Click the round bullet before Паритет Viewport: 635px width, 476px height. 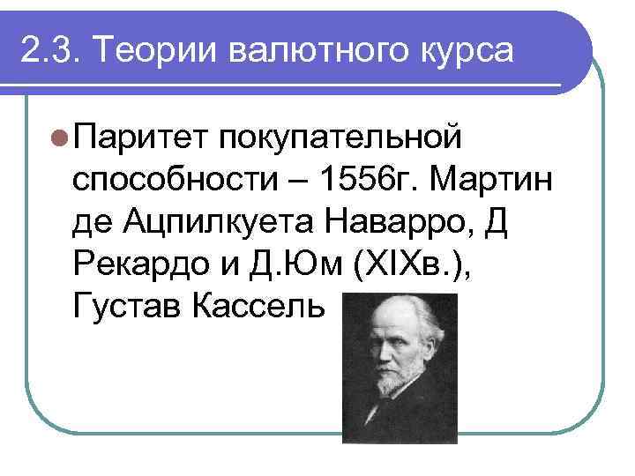pyautogui.click(x=59, y=137)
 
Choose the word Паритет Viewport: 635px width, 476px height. pyautogui.click(x=138, y=137)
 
